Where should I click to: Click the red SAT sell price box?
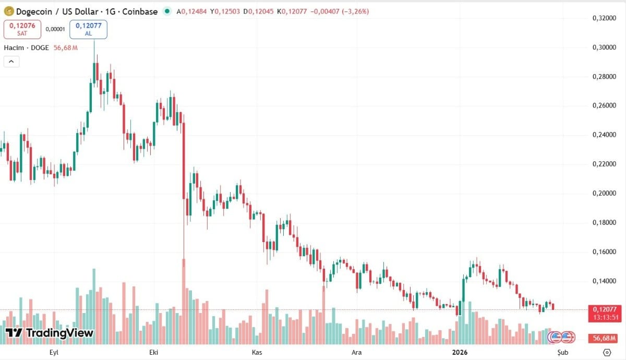tap(22, 29)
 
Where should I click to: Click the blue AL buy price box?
tap(88, 29)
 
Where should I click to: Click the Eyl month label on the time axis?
tap(54, 352)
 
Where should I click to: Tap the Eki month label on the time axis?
tap(154, 352)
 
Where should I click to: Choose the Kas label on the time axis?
tap(257, 352)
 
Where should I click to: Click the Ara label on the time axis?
tap(357, 352)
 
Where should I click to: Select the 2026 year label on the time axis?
tap(460, 352)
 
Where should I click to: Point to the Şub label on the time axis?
tap(562, 352)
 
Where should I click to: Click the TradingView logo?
tap(50, 333)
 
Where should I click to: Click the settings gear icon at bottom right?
tap(607, 352)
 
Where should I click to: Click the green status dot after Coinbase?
tap(167, 11)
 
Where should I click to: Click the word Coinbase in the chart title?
tap(139, 11)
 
